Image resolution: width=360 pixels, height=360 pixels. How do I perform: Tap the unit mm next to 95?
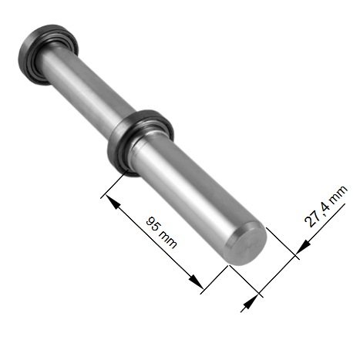pos(167,239)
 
